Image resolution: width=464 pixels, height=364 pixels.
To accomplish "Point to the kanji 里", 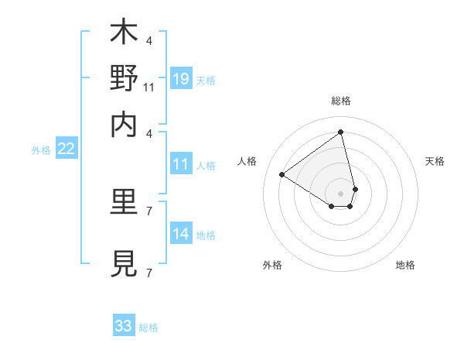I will [124, 204].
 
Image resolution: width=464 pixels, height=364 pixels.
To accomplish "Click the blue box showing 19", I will [180, 79].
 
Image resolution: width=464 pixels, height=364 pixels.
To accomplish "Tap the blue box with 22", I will [66, 149].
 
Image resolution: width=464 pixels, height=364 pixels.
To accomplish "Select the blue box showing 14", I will [180, 235].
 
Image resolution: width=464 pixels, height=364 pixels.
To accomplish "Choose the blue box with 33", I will [124, 326].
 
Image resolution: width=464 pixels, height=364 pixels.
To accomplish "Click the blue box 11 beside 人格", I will [180, 164].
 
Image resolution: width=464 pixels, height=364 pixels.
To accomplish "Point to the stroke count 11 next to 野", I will [149, 88].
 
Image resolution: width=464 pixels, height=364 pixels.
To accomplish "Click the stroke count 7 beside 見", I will [148, 273].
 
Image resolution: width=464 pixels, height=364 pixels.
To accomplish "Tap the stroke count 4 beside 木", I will [148, 41].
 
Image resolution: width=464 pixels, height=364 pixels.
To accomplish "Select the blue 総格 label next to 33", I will [148, 328].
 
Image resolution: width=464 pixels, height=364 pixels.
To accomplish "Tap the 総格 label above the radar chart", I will [340, 101].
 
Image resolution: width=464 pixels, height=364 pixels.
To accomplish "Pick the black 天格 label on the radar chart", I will [435, 161].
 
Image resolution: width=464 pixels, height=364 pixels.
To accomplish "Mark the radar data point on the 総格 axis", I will [340, 132].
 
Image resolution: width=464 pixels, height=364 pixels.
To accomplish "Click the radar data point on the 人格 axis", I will [281, 174].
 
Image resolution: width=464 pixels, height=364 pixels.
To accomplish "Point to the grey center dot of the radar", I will [340, 193].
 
